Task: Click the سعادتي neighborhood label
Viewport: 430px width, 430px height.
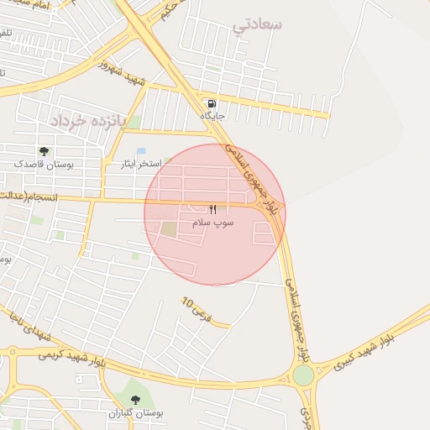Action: (x=258, y=24)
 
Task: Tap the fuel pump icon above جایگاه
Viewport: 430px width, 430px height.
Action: (x=211, y=103)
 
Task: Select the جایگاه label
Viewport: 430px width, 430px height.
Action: (x=211, y=115)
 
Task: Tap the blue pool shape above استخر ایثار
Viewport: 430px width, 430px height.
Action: (x=141, y=151)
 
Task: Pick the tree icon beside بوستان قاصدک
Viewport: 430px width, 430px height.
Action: (x=44, y=151)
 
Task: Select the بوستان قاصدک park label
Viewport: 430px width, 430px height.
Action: (x=44, y=165)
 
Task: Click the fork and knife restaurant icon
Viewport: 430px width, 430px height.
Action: (x=212, y=209)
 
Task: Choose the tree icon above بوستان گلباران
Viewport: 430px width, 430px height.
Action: (x=135, y=400)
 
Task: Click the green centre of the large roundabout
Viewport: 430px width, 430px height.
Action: (x=303, y=375)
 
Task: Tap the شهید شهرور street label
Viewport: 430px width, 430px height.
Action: (x=123, y=73)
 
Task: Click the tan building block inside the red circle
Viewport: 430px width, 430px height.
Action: (x=170, y=228)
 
